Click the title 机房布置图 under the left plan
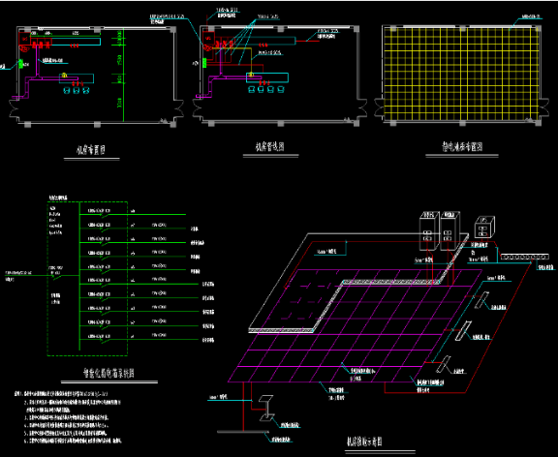(x=96, y=150)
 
